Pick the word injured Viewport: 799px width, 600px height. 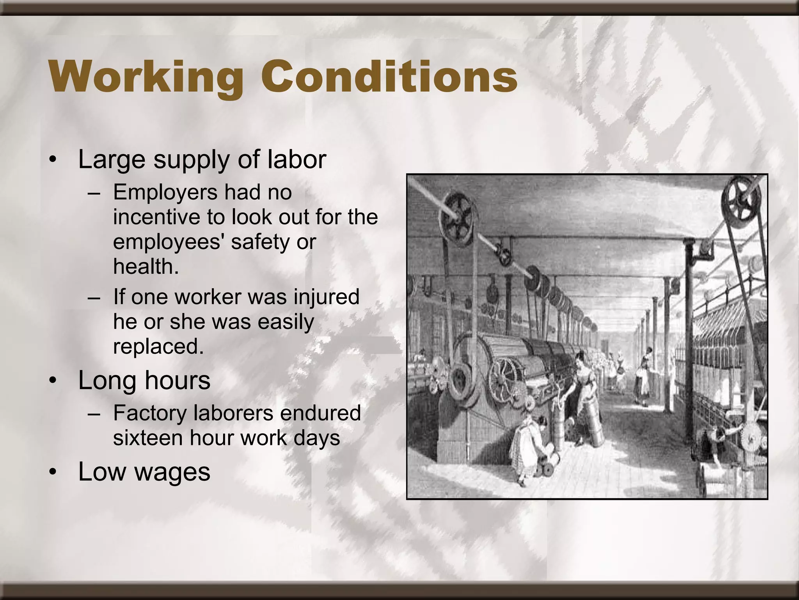point(326,296)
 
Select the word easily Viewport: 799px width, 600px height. point(286,322)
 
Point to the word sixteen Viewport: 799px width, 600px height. point(148,437)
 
